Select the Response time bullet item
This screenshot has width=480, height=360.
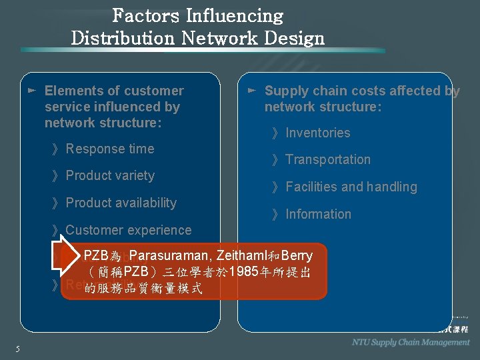pos(109,149)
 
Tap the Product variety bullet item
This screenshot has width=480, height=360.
pos(109,175)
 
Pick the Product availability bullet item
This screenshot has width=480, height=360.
pos(121,203)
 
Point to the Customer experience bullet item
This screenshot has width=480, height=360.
pos(128,230)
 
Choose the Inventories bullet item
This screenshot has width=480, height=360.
pos(317,133)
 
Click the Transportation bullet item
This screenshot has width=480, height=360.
pos(327,159)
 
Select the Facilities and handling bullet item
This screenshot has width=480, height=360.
pos(351,187)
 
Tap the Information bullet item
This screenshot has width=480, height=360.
pos(318,214)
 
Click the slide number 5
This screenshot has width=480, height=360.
pos(17,349)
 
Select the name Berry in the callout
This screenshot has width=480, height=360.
pos(297,255)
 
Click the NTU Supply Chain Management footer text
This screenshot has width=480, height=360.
pos(411,342)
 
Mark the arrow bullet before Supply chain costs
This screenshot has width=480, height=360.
pos(251,89)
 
